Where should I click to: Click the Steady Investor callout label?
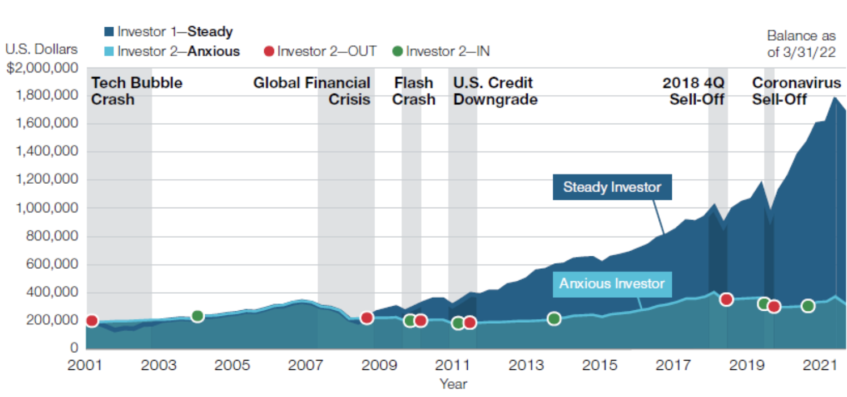tap(612, 187)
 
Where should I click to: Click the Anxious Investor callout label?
tap(612, 282)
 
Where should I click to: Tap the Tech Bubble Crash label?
tap(137, 91)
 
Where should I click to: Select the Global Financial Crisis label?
tap(312, 91)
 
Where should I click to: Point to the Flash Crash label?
tap(414, 91)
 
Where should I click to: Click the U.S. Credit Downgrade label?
tap(494, 91)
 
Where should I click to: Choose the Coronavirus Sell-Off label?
tap(796, 91)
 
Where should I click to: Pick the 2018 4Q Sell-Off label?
tap(693, 91)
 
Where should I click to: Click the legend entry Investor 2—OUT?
tap(320, 51)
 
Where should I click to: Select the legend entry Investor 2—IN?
tap(441, 51)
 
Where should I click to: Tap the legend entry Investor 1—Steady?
tap(168, 32)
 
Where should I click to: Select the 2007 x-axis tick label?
tap(307, 365)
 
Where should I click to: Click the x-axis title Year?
tap(453, 384)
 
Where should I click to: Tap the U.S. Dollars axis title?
tap(41, 49)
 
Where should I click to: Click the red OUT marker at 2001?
tap(91, 321)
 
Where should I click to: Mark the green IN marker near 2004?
tap(197, 316)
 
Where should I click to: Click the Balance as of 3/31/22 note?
tap(801, 44)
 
